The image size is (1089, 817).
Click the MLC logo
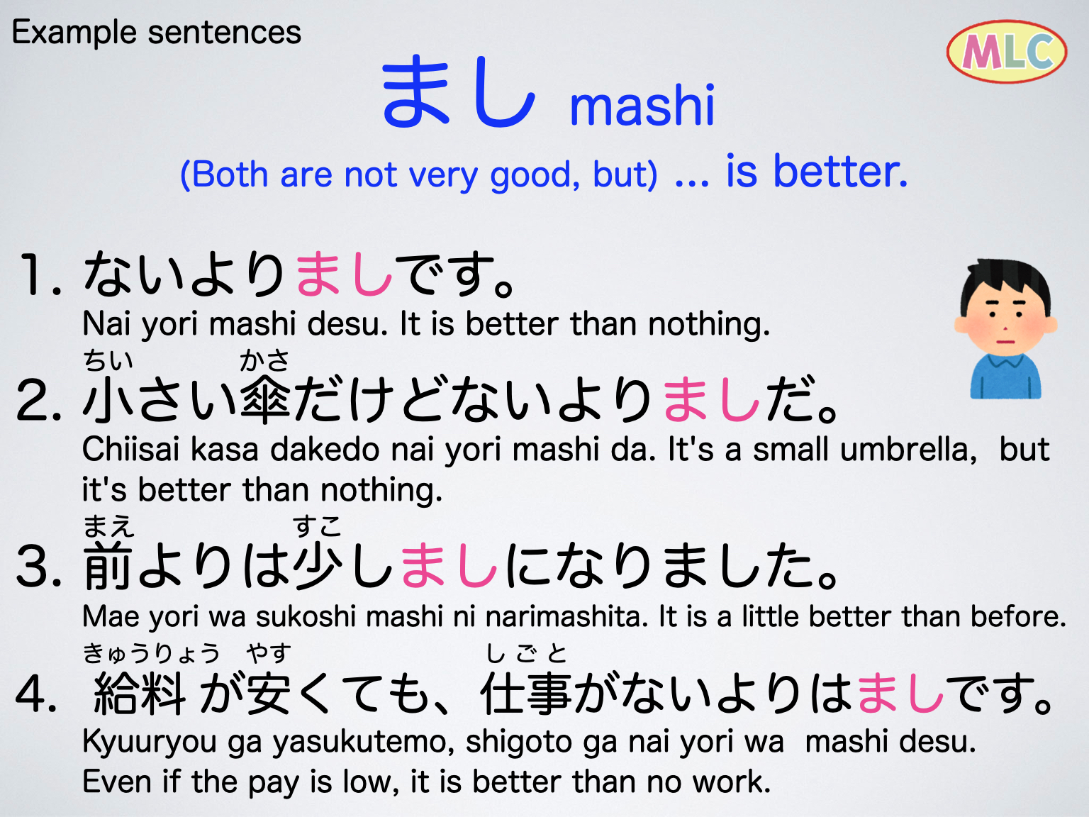(x=1007, y=51)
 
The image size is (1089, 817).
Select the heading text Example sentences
(x=157, y=33)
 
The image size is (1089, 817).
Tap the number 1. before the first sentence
(x=40, y=275)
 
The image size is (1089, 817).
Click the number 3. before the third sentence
(x=40, y=567)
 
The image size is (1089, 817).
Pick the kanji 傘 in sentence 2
(x=265, y=400)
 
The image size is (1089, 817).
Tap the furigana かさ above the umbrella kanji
(x=264, y=361)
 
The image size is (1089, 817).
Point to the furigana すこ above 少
(x=317, y=526)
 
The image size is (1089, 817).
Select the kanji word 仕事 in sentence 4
(x=526, y=694)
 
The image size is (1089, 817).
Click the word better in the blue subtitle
(x=839, y=172)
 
